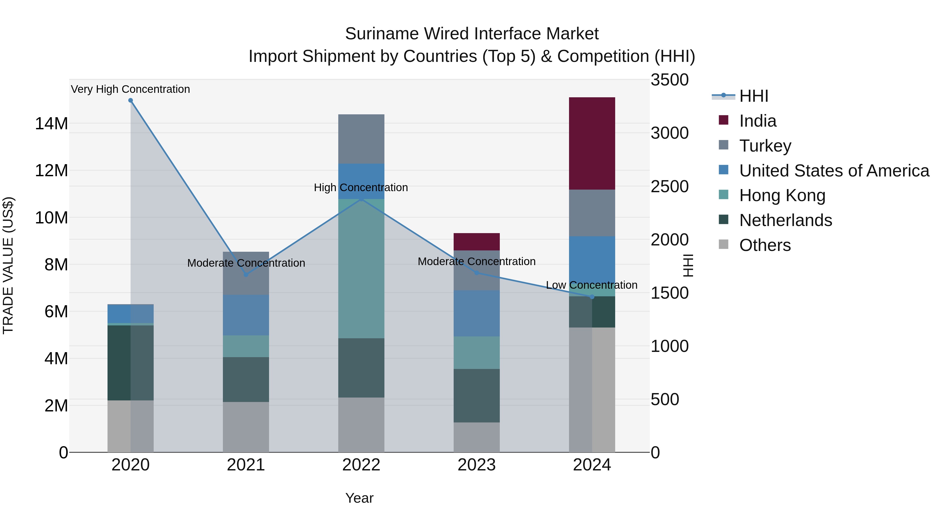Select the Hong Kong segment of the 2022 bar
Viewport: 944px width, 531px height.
click(x=361, y=268)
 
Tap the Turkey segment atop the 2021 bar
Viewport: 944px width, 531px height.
click(x=246, y=273)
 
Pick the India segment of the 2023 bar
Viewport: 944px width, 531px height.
click(x=476, y=242)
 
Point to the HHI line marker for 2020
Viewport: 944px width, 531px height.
click(x=131, y=100)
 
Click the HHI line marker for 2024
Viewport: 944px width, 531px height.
click(x=592, y=297)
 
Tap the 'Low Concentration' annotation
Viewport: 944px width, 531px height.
click(x=592, y=285)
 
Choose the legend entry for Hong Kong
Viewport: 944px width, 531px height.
click(x=782, y=195)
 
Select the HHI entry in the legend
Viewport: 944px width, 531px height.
click(x=753, y=96)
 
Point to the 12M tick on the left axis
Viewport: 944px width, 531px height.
click(x=51, y=170)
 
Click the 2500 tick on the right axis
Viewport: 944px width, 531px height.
click(x=669, y=186)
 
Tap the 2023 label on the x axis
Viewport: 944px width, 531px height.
click(x=476, y=465)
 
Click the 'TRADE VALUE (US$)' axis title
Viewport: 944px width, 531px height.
click(x=8, y=265)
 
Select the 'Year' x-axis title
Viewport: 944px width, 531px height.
click(x=359, y=498)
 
